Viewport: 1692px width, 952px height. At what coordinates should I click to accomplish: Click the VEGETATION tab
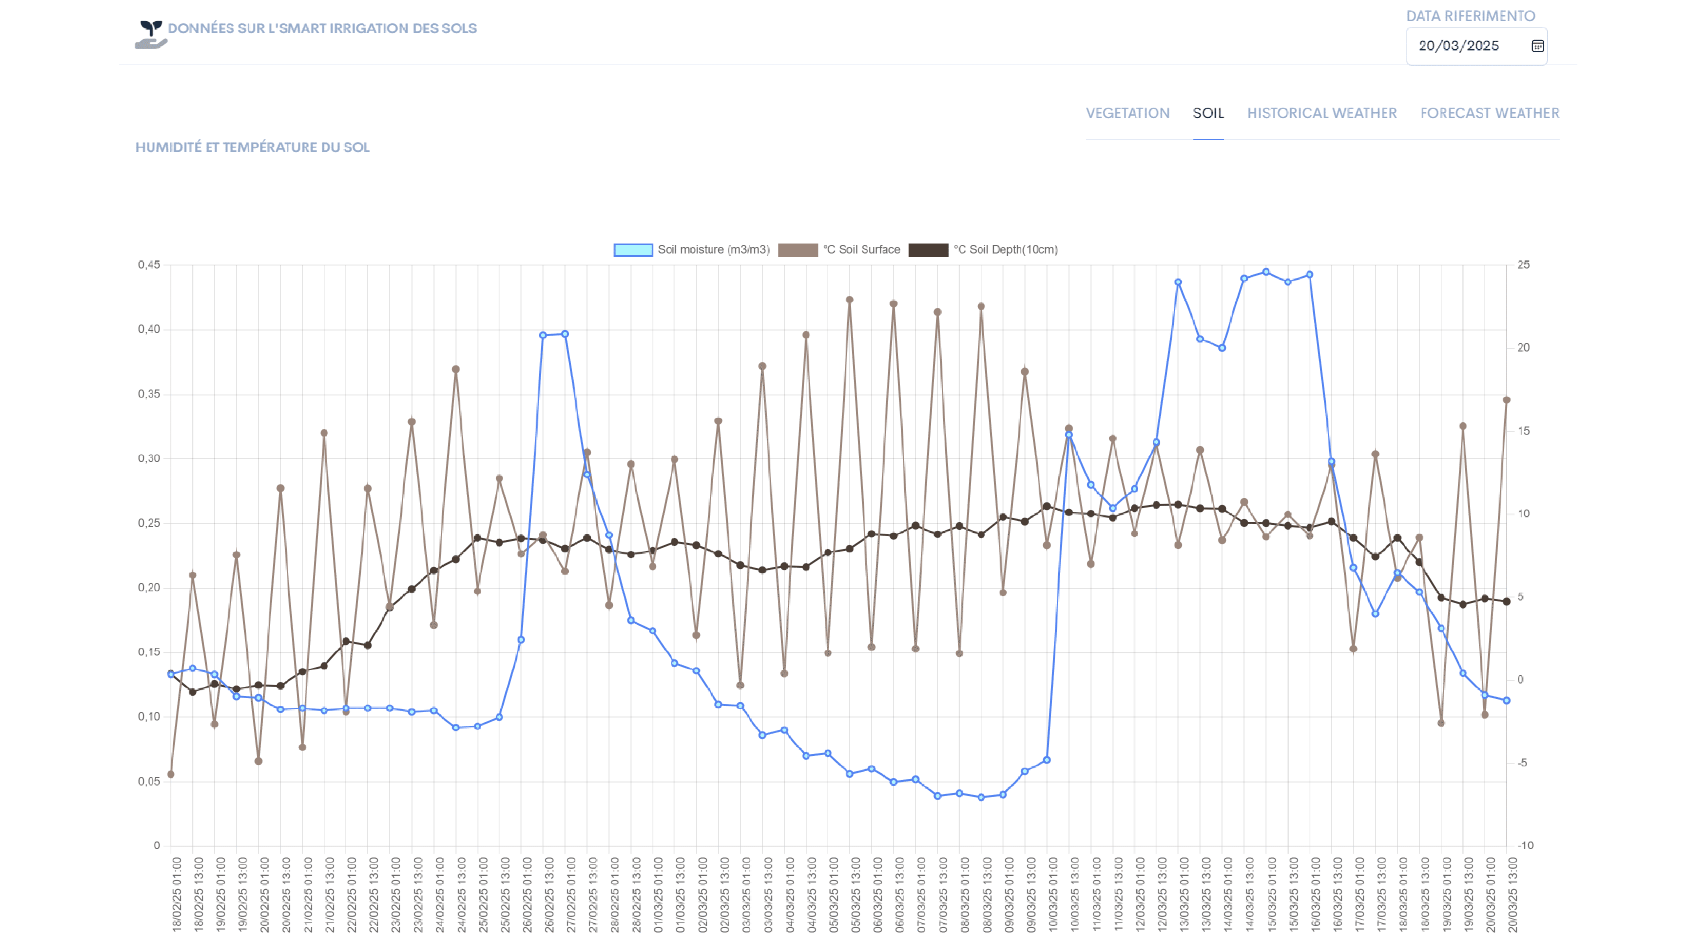click(1127, 113)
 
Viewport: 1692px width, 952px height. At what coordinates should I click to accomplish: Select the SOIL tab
click(1208, 113)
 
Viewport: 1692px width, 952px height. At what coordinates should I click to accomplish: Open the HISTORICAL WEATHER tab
click(1322, 113)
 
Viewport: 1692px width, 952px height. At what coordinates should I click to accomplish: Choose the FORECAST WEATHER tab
click(1489, 113)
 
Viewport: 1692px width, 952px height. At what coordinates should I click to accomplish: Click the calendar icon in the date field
click(1537, 46)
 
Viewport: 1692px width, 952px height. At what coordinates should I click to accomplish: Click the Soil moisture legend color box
click(633, 250)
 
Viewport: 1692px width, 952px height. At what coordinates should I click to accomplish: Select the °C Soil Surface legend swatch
click(797, 250)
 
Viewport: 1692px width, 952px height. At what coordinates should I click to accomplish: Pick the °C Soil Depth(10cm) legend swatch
click(928, 250)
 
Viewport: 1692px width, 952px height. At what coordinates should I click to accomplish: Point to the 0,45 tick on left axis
click(149, 265)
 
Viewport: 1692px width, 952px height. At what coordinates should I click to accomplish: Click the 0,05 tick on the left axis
click(149, 781)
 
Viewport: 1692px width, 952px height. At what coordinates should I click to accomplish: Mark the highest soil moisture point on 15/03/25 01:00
click(1266, 272)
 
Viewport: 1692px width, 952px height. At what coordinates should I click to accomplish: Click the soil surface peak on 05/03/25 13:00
click(849, 300)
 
